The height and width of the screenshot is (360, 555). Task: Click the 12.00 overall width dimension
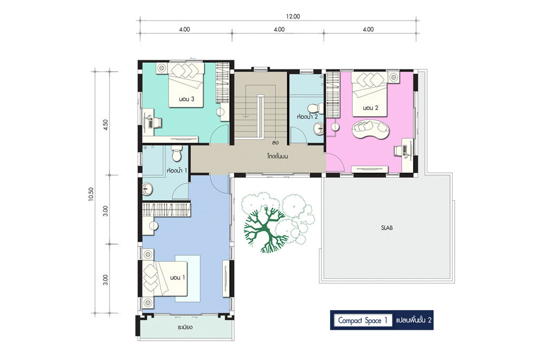293,16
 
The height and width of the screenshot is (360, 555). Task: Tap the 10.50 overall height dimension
91,194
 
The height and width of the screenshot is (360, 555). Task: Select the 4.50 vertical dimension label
105,125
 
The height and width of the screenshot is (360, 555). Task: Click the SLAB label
387,228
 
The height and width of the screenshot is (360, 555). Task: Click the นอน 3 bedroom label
186,99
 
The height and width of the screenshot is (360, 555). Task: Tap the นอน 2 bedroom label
371,108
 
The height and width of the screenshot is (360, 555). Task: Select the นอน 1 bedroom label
177,278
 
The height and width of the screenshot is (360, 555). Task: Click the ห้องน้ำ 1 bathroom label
177,170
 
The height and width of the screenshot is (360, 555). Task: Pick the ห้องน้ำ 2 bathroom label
307,116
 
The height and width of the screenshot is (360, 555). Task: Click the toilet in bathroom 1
176,153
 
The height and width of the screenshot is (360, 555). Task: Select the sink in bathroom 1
147,189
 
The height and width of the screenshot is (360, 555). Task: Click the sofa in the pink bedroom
371,130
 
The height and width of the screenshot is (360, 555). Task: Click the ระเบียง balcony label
185,327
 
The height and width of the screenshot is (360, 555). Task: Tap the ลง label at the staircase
275,143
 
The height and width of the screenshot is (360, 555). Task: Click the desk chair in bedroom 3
158,123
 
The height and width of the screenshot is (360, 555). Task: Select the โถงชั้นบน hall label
277,156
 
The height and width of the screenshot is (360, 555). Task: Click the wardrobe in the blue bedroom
166,210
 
